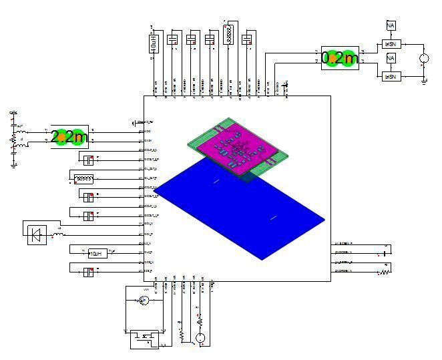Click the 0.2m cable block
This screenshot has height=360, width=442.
(x=340, y=58)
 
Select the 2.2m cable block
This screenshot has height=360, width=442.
(x=69, y=137)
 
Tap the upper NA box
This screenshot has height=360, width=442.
(x=391, y=25)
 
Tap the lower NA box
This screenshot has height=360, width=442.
(x=391, y=59)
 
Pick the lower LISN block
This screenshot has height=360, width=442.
(x=390, y=77)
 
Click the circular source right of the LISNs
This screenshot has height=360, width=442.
(x=423, y=59)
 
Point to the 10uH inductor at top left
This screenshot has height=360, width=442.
(x=154, y=44)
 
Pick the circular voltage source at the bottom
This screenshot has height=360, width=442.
(x=200, y=338)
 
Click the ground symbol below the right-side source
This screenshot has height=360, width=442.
(x=424, y=81)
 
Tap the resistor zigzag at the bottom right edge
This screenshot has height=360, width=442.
(x=385, y=273)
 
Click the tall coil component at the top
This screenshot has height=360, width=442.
(x=230, y=35)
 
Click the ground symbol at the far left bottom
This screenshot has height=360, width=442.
(x=14, y=166)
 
